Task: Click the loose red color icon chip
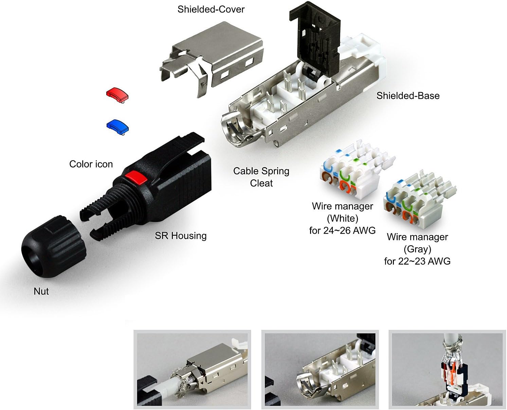(117, 94)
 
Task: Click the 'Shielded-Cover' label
(211, 9)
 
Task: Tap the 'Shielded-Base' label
(408, 96)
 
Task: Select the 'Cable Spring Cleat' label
(261, 177)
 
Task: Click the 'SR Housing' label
(181, 236)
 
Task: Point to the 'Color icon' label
(91, 164)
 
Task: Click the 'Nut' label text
(41, 291)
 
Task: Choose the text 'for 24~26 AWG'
(342, 231)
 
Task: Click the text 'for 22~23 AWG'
(417, 261)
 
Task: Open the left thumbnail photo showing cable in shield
(192, 370)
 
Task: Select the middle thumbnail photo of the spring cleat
(320, 370)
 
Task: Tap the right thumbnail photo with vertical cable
(447, 370)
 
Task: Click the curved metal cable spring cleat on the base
(234, 129)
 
